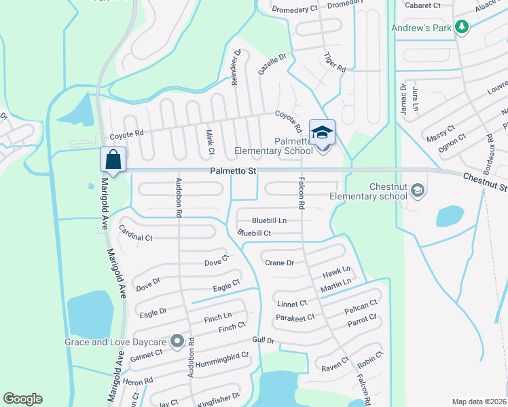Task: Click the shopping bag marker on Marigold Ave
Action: point(113,161)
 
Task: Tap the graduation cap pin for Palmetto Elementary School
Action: point(322,133)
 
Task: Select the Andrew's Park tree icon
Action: point(462,27)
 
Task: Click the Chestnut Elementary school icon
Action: point(418,192)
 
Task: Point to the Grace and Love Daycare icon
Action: point(177,341)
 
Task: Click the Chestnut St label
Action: point(486,181)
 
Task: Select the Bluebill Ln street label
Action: point(269,220)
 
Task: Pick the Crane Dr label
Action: point(279,263)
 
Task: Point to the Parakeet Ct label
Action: point(295,317)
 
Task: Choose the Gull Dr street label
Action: point(262,340)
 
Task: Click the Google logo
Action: point(22,399)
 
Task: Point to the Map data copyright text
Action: point(479,401)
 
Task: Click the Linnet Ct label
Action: point(292,303)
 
